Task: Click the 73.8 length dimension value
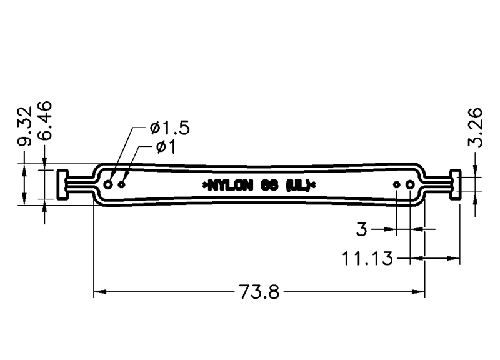pyautogui.click(x=259, y=292)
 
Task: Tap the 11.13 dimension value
pyautogui.click(x=367, y=258)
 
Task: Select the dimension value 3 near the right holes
pyautogui.click(x=362, y=229)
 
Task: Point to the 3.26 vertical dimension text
pyautogui.click(x=475, y=127)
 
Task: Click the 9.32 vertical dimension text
pyautogui.click(x=25, y=126)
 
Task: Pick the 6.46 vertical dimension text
pyautogui.click(x=44, y=121)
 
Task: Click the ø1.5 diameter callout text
pyautogui.click(x=170, y=127)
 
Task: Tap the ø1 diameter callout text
pyautogui.click(x=166, y=147)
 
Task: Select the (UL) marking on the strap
pyautogui.click(x=298, y=185)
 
